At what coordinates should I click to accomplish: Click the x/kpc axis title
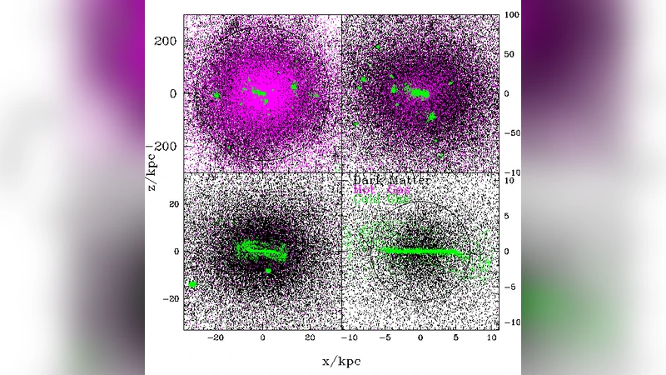[341, 362]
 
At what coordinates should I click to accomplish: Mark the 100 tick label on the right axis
[514, 15]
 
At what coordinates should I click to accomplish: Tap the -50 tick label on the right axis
[513, 132]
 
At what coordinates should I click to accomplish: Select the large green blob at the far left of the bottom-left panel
[192, 284]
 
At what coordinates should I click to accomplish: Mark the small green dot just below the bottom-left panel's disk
[268, 270]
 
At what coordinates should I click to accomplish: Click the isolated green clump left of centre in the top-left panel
[216, 95]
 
